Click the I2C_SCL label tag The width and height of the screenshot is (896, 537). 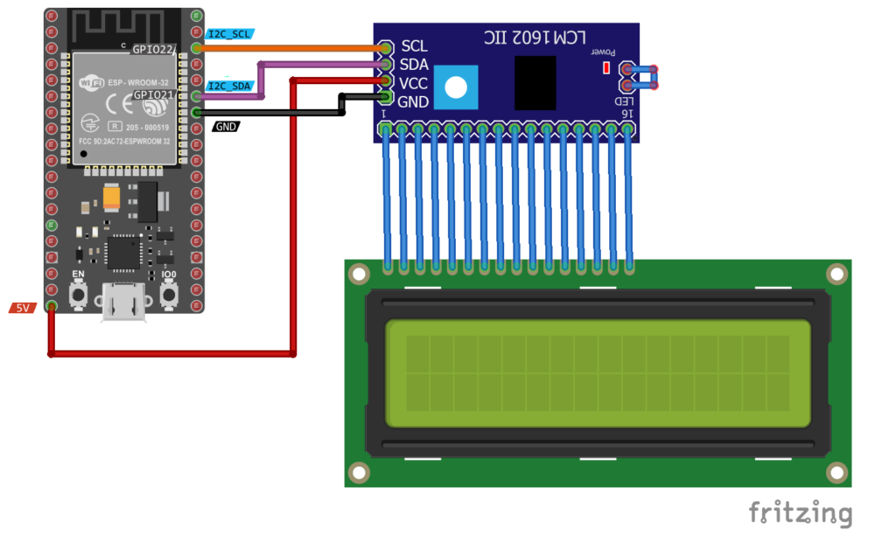(230, 34)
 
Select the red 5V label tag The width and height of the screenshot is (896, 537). (24, 308)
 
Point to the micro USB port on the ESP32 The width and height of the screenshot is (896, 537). (122, 303)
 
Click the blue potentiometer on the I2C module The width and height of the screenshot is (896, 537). (456, 87)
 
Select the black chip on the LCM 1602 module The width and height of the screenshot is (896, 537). (535, 83)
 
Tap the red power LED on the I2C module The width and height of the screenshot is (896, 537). (605, 67)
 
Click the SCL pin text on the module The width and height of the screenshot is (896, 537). (414, 46)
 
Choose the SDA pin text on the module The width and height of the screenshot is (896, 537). (414, 65)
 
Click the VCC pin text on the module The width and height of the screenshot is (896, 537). (414, 83)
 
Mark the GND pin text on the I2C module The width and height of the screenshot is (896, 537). (414, 101)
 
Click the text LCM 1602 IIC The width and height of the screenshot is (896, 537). (535, 38)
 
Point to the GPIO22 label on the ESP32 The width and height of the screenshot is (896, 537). (154, 49)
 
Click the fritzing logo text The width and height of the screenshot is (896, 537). (800, 513)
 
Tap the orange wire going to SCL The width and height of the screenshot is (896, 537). (289, 47)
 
